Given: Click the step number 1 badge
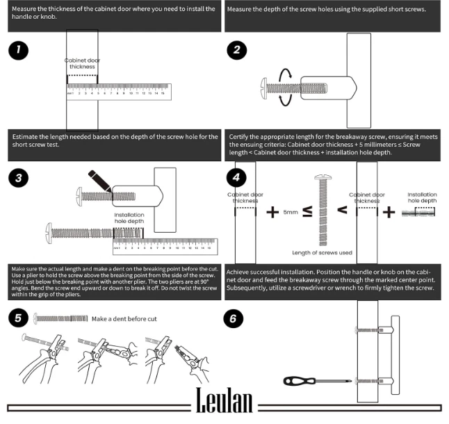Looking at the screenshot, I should pyautogui.click(x=19, y=51).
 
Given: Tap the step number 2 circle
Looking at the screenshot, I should pyautogui.click(x=238, y=50).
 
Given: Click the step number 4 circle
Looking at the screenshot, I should pyautogui.click(x=238, y=178).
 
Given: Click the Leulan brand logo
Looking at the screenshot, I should pyautogui.click(x=224, y=401).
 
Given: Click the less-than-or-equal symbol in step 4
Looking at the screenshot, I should pyautogui.click(x=307, y=211).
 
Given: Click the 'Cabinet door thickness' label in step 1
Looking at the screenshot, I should pyautogui.click(x=82, y=64).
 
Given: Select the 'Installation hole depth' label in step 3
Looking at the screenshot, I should pyautogui.click(x=129, y=218).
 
